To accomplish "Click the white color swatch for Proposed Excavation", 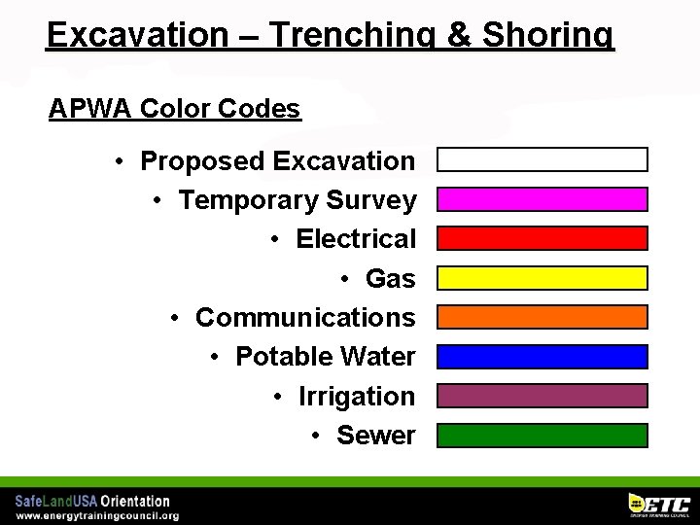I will (542, 159).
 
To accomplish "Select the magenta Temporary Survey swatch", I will (542, 199).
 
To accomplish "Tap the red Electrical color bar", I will (542, 238).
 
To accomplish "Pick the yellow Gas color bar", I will (542, 278).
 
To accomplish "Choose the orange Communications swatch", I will (542, 317).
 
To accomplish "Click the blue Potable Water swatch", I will (542, 357).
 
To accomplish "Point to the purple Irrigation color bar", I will (542, 396).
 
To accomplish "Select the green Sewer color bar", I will (542, 435).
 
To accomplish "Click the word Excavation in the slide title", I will (137, 35).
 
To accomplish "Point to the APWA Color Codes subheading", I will (175, 108).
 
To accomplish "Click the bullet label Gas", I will (390, 279).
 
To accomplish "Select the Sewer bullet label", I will (375, 436).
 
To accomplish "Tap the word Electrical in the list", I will (355, 239).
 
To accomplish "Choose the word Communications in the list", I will (305, 318).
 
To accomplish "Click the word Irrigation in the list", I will (356, 397).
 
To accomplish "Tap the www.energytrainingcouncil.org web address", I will (96, 515).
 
